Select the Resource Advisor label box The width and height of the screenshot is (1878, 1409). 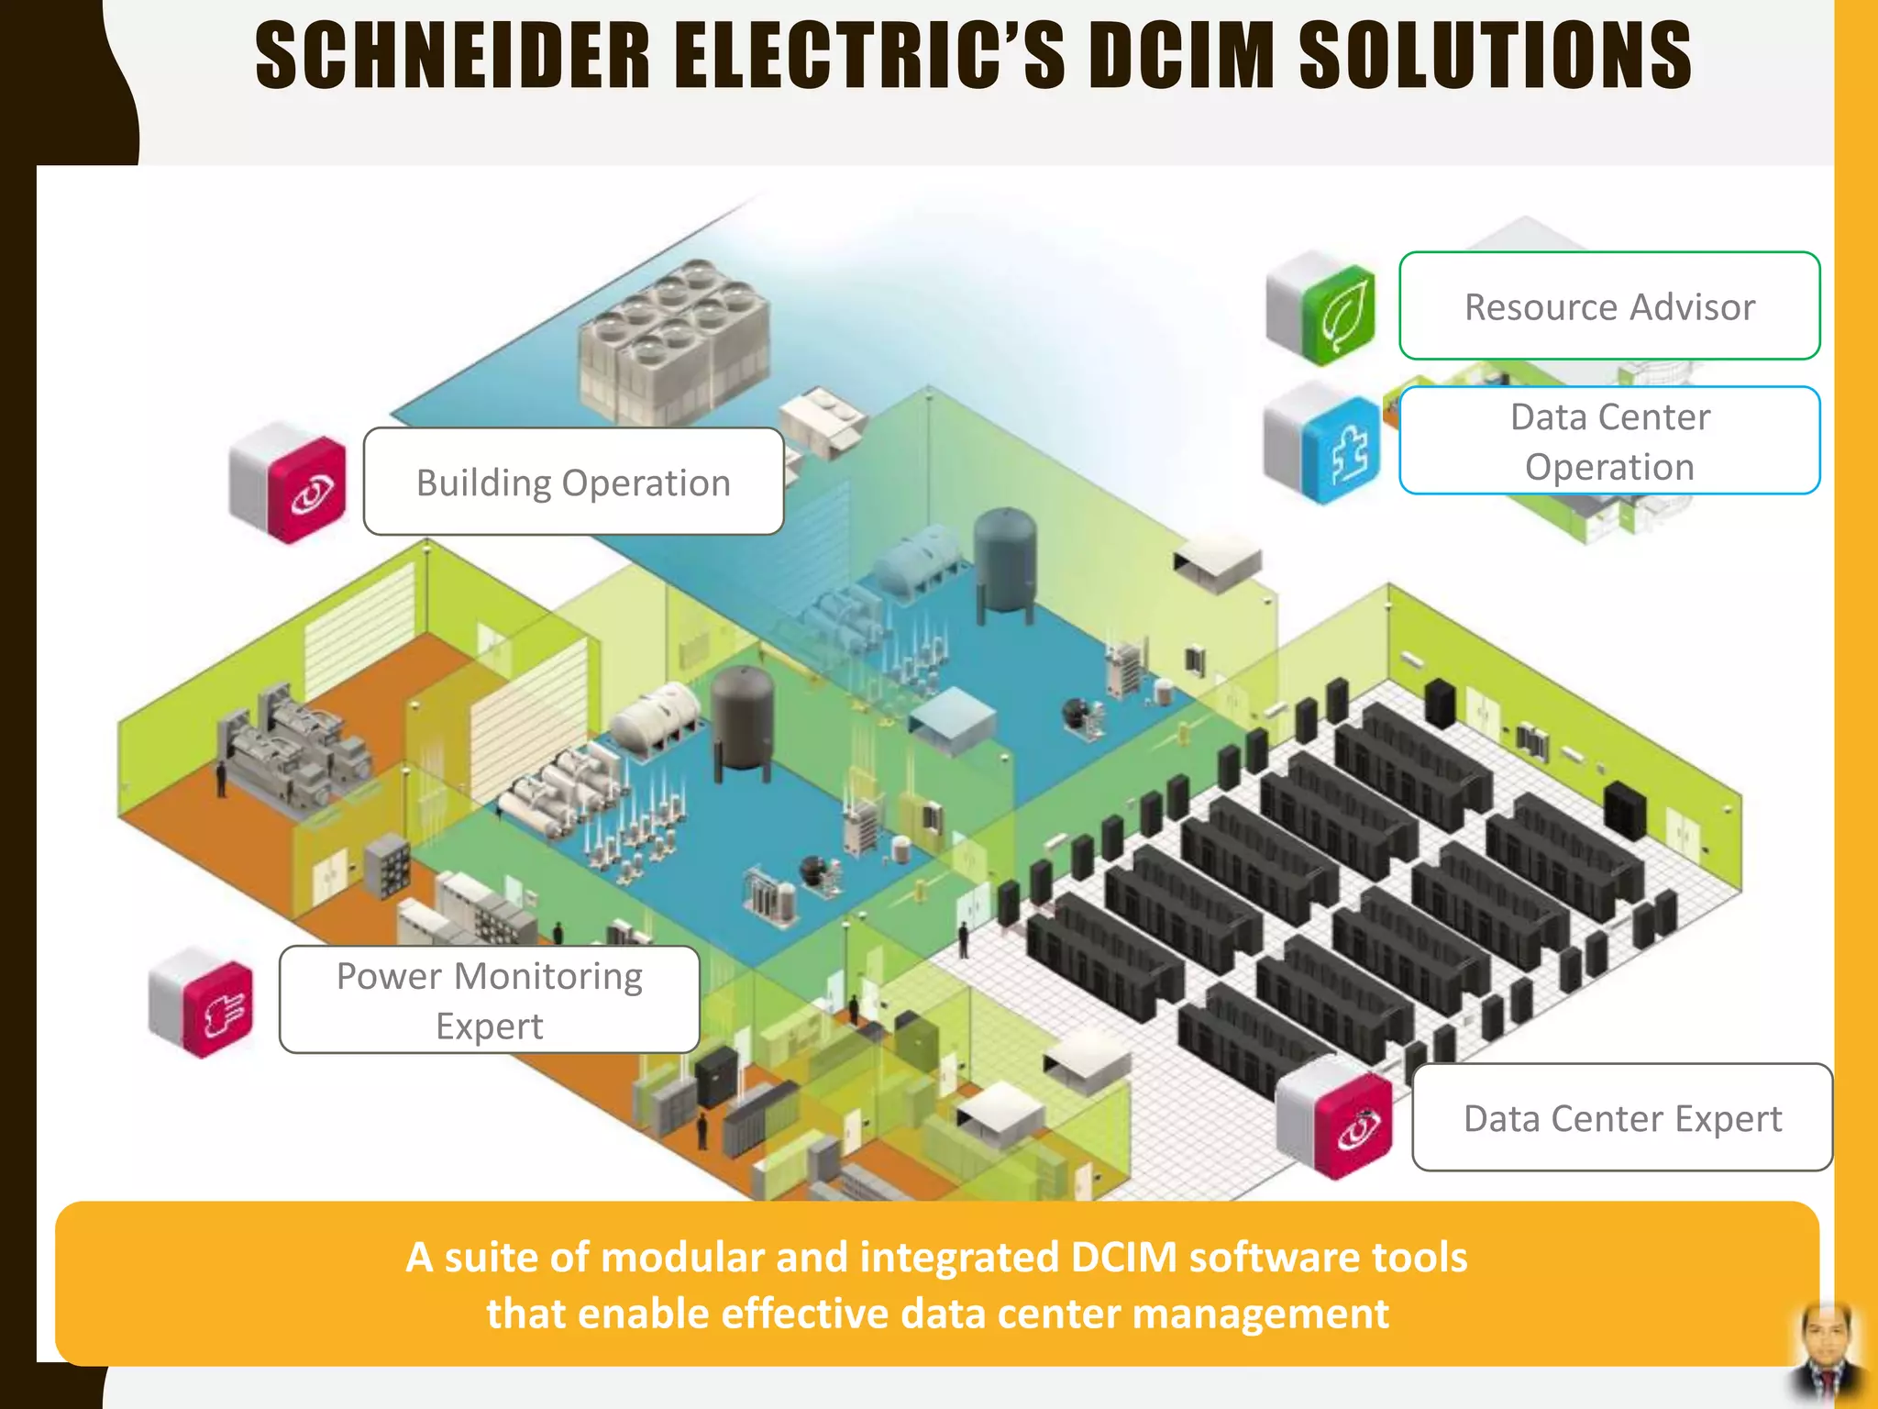(1609, 306)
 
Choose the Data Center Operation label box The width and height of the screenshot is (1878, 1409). (1609, 441)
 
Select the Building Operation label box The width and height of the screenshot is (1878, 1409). (573, 483)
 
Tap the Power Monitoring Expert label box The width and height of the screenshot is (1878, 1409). (489, 1000)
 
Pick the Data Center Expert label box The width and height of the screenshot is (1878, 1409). (1621, 1118)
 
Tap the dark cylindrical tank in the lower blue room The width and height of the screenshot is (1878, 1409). (743, 720)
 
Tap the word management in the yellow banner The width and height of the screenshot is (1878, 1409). (1261, 1314)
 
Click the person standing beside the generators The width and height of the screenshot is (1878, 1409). (221, 780)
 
